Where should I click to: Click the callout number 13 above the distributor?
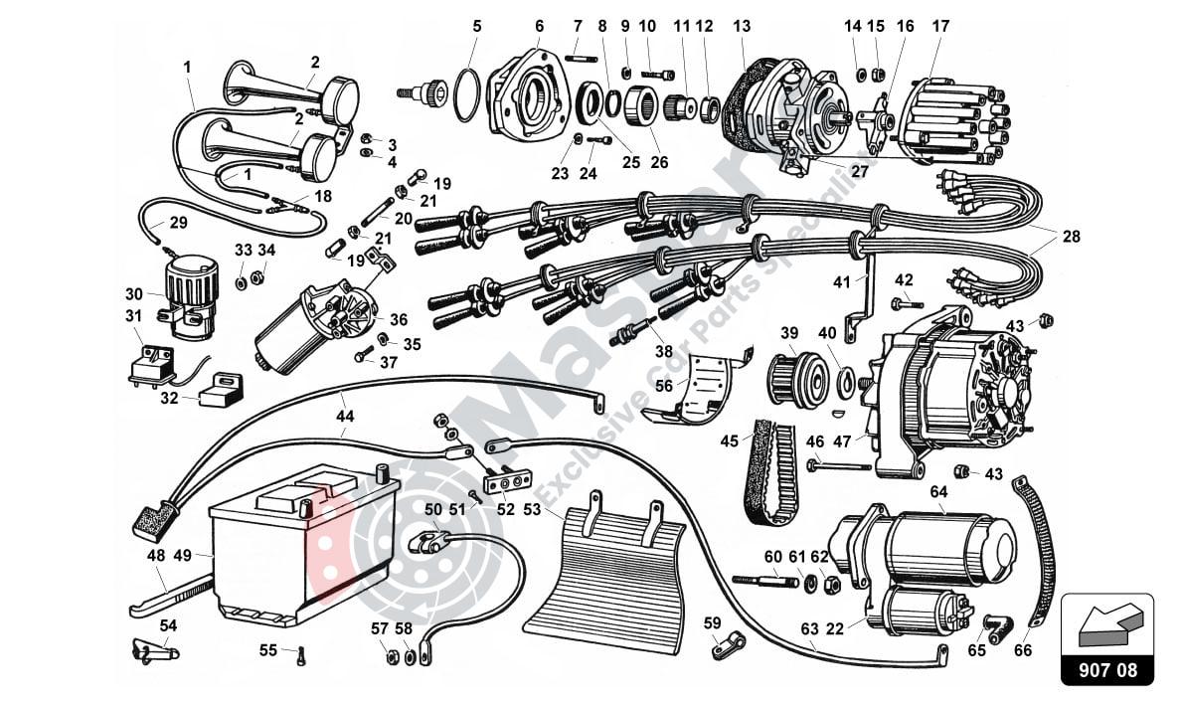pyautogui.click(x=742, y=26)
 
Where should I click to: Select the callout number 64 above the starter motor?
pyautogui.click(x=938, y=491)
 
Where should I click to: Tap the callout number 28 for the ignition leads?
pyautogui.click(x=1071, y=237)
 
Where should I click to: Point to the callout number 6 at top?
pyautogui.click(x=539, y=26)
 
